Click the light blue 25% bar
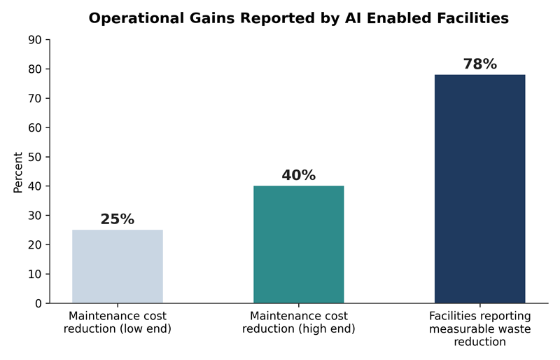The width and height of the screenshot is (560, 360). pos(118,266)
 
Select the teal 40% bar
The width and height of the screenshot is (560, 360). pos(299,244)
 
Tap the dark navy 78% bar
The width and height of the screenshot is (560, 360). pos(479,189)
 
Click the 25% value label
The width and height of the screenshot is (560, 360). pos(118,219)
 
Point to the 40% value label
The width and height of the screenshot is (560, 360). pos(299,175)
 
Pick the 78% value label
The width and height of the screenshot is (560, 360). pos(480,64)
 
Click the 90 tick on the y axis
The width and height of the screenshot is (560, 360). pos(34,40)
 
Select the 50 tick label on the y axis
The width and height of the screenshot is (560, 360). pos(34,157)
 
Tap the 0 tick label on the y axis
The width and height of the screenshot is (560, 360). pos(38,303)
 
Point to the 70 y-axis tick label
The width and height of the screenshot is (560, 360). pos(34,98)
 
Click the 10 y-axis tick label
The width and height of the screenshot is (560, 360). pos(34,274)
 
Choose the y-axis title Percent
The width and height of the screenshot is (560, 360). pos(18,172)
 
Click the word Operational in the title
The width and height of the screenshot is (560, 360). pos(136,18)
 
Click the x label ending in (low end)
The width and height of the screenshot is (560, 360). pos(118,322)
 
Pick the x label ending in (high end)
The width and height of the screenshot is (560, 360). pos(299,322)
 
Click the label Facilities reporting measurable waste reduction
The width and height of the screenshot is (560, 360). pos(480,328)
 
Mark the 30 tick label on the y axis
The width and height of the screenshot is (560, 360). pos(34,216)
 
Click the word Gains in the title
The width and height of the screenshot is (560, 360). pos(212,18)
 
